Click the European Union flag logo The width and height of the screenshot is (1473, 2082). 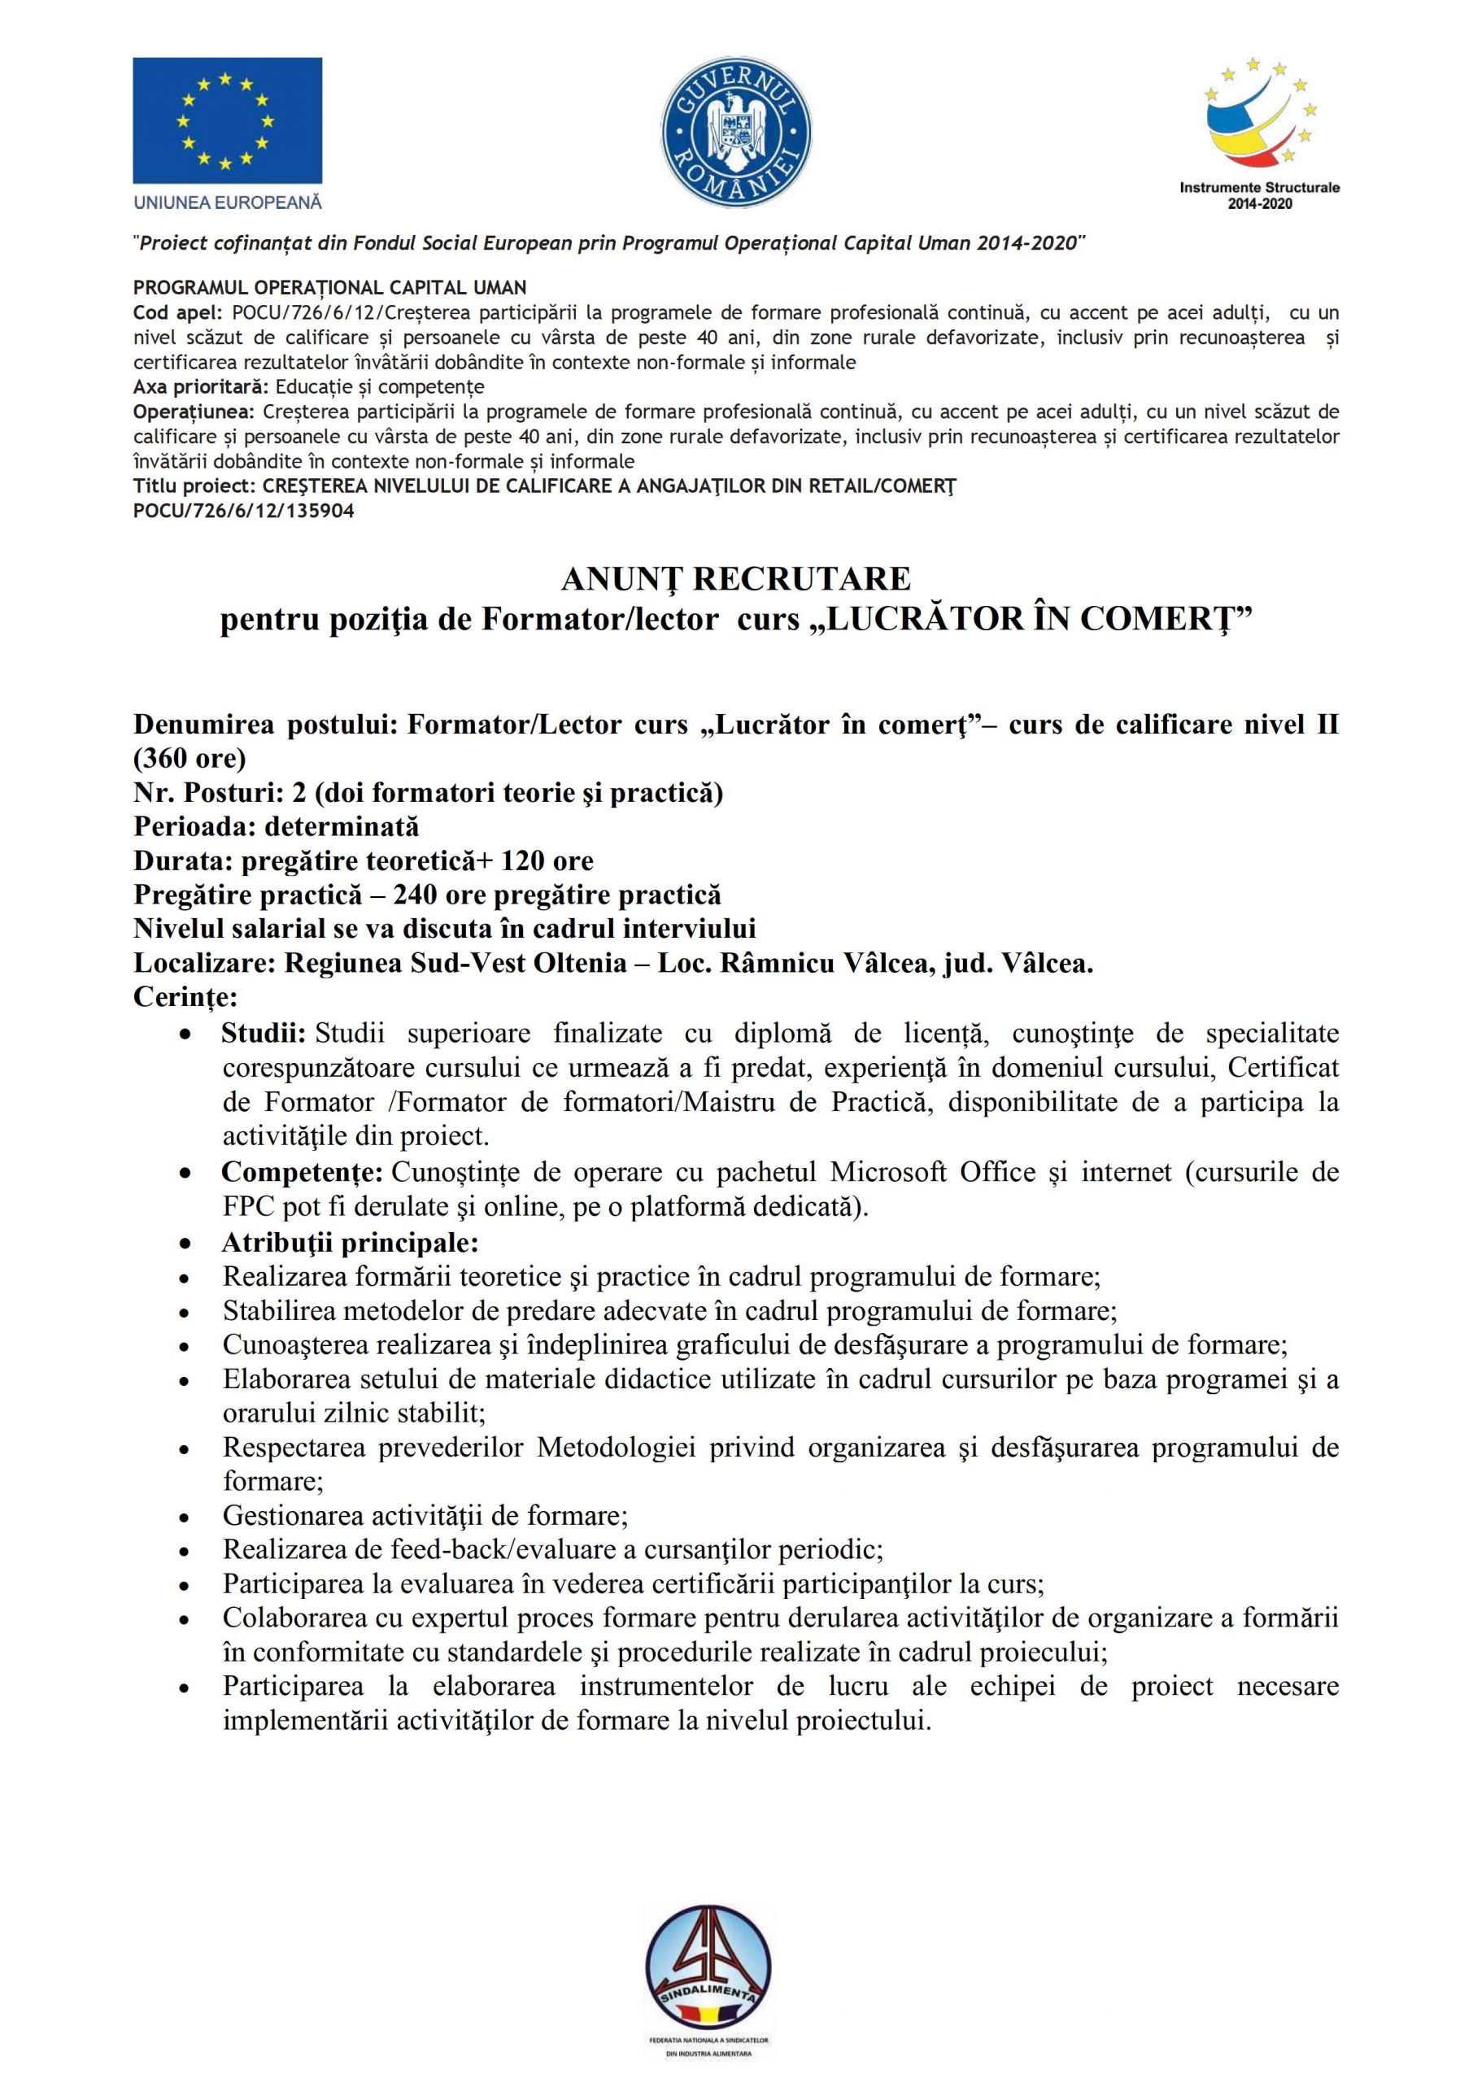pyautogui.click(x=227, y=120)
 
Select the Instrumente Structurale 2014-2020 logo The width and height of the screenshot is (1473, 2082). pyautogui.click(x=1260, y=133)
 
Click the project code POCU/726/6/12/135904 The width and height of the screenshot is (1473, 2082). pyautogui.click(x=243, y=511)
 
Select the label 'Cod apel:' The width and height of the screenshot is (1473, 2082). pyautogui.click(x=178, y=313)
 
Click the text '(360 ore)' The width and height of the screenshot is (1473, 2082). pyautogui.click(x=190, y=757)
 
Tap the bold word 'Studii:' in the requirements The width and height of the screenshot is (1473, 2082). pyautogui.click(x=263, y=1033)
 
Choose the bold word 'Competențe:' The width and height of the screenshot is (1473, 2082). pyautogui.click(x=302, y=1172)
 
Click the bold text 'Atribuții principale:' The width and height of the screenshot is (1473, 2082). pyautogui.click(x=350, y=1241)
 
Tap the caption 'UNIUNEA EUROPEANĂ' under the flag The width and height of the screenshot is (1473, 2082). pyautogui.click(x=228, y=203)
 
